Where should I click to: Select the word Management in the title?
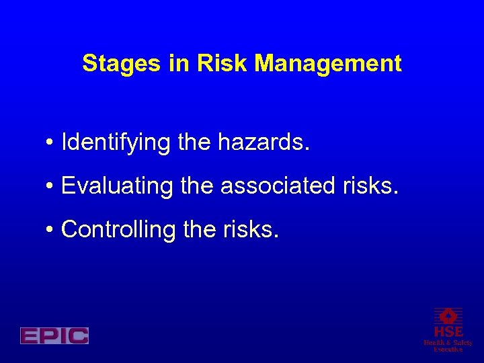[x=329, y=64]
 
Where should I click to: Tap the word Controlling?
[x=118, y=230]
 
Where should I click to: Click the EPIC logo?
[x=54, y=335]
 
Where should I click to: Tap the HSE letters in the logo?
[x=448, y=332]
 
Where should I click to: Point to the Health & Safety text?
[x=448, y=343]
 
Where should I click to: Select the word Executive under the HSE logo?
[x=448, y=350]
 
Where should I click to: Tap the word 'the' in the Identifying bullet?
[x=194, y=142]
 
